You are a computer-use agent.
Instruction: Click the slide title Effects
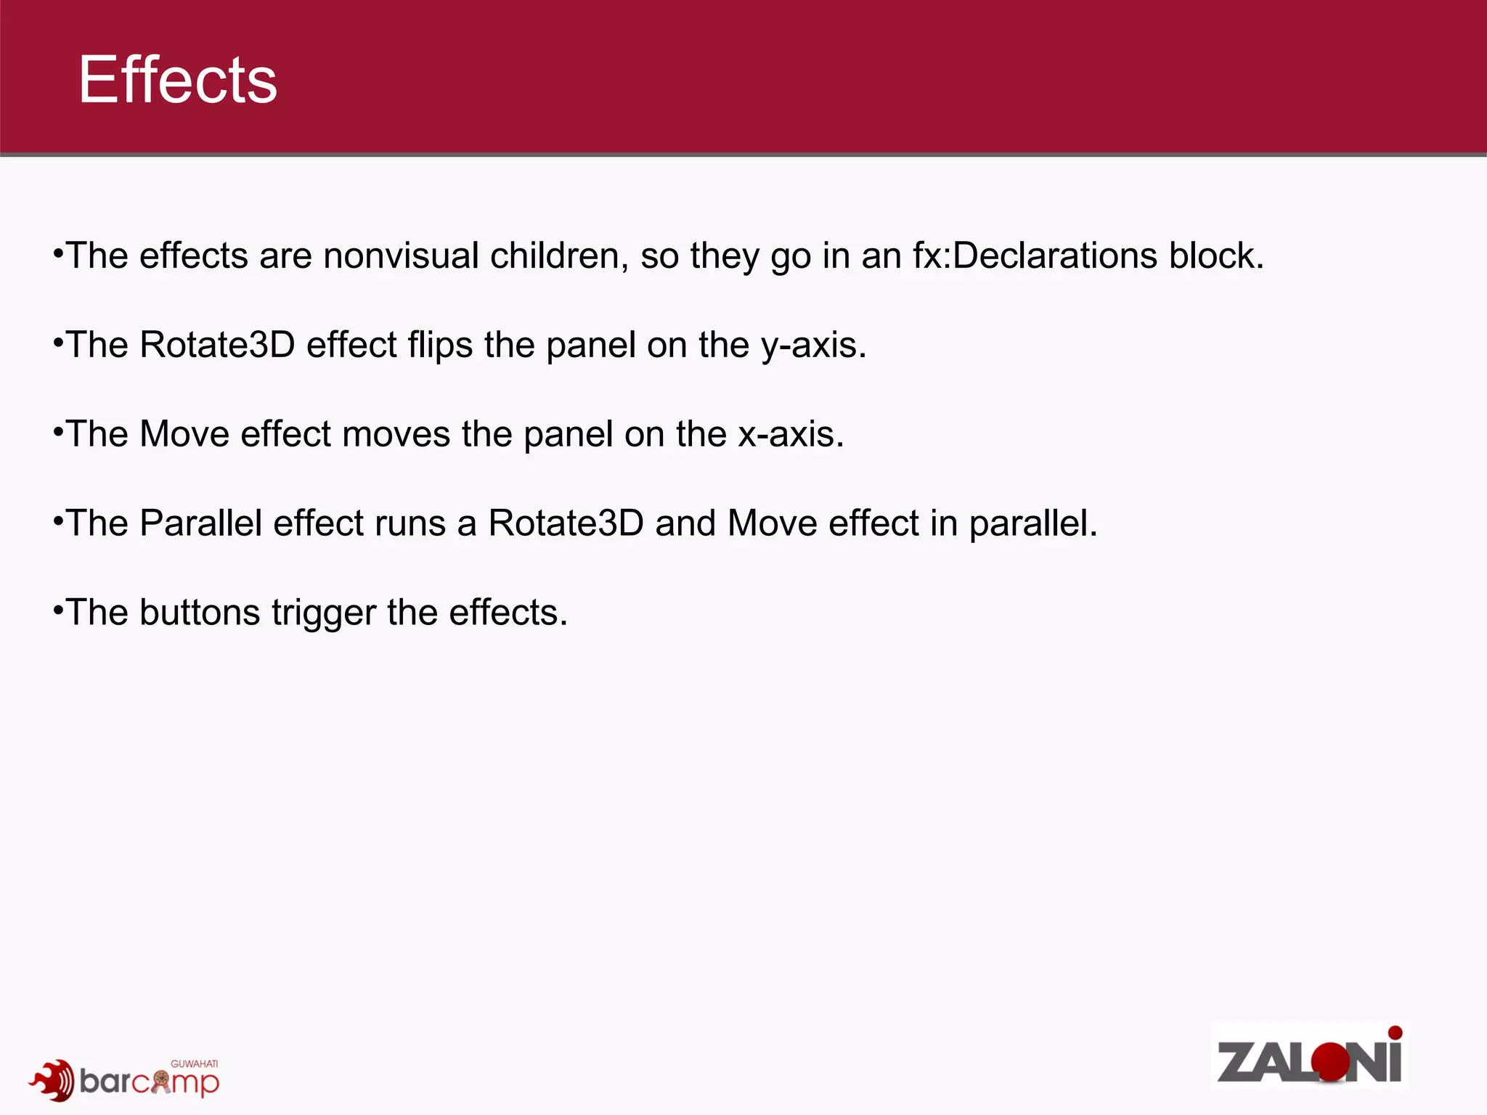click(x=178, y=80)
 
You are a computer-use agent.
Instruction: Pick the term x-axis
click(x=791, y=434)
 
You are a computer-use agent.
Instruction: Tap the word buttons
click(x=200, y=612)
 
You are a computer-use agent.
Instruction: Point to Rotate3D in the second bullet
click(x=217, y=345)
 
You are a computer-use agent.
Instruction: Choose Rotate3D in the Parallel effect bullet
click(x=566, y=523)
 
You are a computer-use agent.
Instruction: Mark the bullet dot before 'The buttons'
click(x=58, y=610)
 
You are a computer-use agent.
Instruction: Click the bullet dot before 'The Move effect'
click(x=58, y=432)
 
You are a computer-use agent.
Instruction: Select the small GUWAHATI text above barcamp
click(x=194, y=1064)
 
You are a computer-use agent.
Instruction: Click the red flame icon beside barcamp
click(x=52, y=1080)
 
